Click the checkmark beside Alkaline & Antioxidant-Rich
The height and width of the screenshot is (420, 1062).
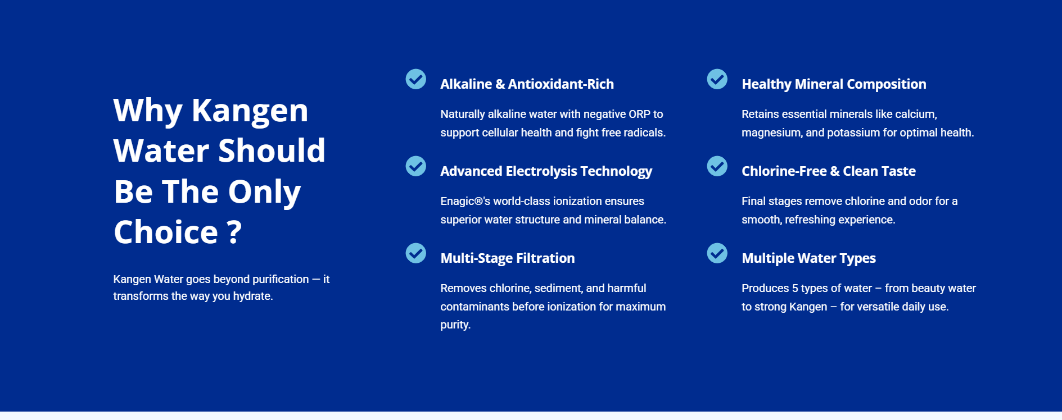click(x=416, y=79)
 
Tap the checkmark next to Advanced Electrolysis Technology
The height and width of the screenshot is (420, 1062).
click(x=416, y=166)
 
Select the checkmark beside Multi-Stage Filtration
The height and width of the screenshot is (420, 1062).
click(x=416, y=253)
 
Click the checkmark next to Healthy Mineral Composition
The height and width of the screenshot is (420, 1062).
click(x=717, y=79)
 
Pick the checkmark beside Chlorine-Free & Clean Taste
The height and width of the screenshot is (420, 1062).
click(x=717, y=166)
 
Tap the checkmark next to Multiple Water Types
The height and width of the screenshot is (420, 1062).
click(x=717, y=253)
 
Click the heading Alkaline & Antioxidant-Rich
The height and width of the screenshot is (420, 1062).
click(x=527, y=84)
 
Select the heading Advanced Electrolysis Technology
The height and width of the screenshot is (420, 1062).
click(x=546, y=171)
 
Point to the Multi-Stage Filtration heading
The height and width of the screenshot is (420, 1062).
click(x=508, y=258)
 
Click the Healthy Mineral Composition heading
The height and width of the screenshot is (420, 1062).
click(x=834, y=84)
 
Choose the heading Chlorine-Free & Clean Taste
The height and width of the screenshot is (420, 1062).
click(x=829, y=171)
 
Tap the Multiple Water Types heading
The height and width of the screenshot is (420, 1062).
click(x=808, y=258)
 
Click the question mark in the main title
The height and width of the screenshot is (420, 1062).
click(x=235, y=232)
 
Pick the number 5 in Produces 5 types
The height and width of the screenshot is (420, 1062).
click(x=795, y=288)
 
